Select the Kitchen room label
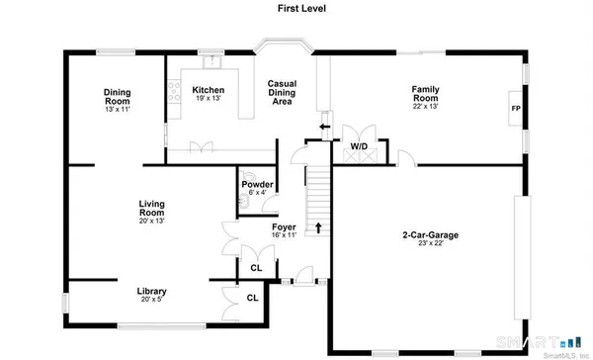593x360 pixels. coord(208,90)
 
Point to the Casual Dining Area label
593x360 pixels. coord(283,92)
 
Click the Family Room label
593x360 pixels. coord(425,94)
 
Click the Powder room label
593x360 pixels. coord(259,184)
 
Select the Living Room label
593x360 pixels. coord(151,209)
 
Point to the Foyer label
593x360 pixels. coord(285,227)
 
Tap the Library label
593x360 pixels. coord(151,291)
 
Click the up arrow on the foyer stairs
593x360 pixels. coord(318,228)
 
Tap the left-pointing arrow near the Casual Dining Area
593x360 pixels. coord(323,127)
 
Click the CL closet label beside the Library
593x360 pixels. coord(252,298)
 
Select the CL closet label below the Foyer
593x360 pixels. coord(257,268)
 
